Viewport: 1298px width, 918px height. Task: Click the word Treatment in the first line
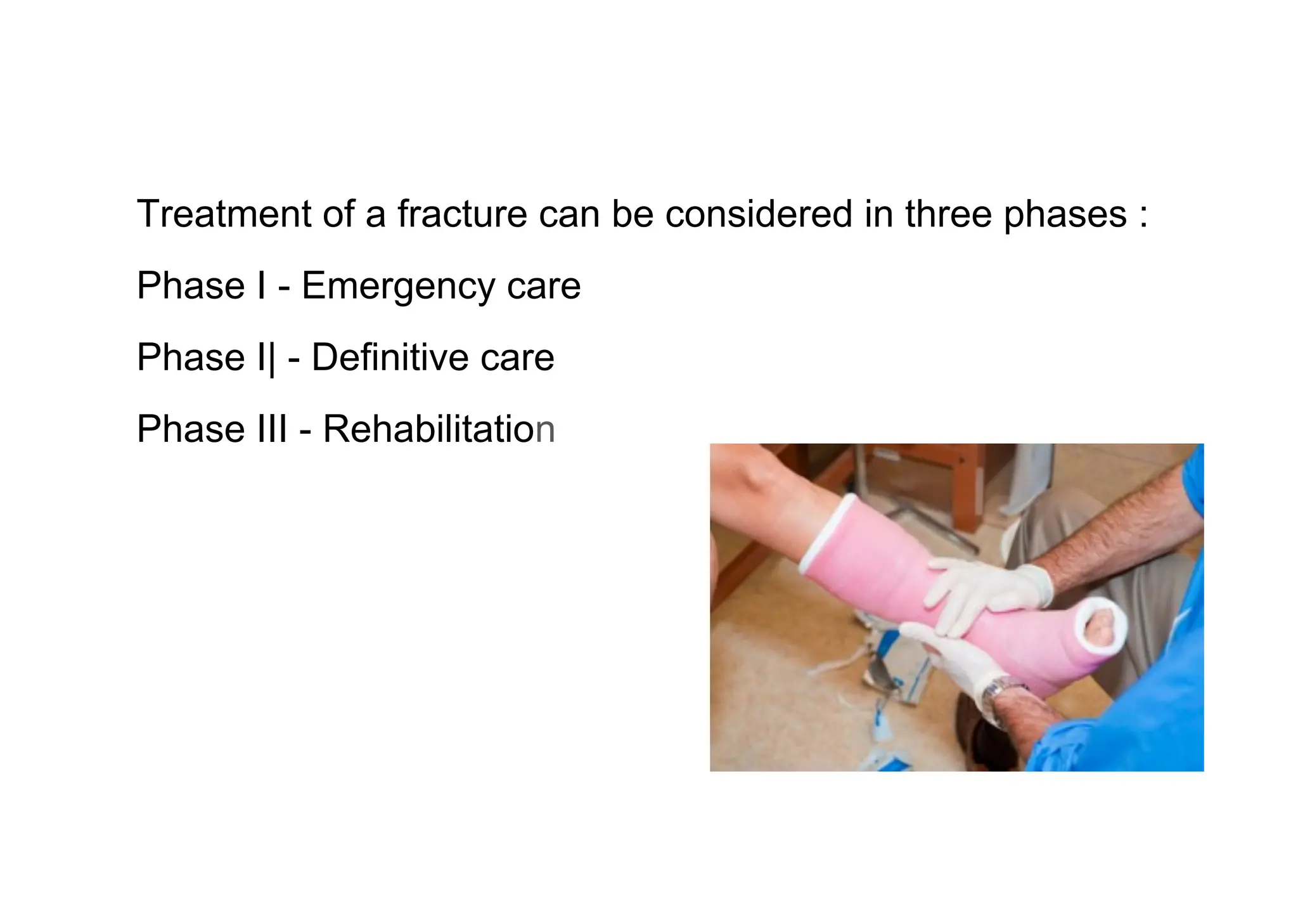pos(223,214)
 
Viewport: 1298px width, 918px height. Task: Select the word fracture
pos(462,214)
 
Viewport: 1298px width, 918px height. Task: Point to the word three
pos(948,214)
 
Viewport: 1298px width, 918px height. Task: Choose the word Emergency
pos(398,287)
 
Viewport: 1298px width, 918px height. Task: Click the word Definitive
pos(390,357)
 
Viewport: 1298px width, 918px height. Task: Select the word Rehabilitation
pos(439,429)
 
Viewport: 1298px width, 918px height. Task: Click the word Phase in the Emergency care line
pos(191,285)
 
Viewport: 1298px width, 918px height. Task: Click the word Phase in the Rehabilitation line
pos(191,429)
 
